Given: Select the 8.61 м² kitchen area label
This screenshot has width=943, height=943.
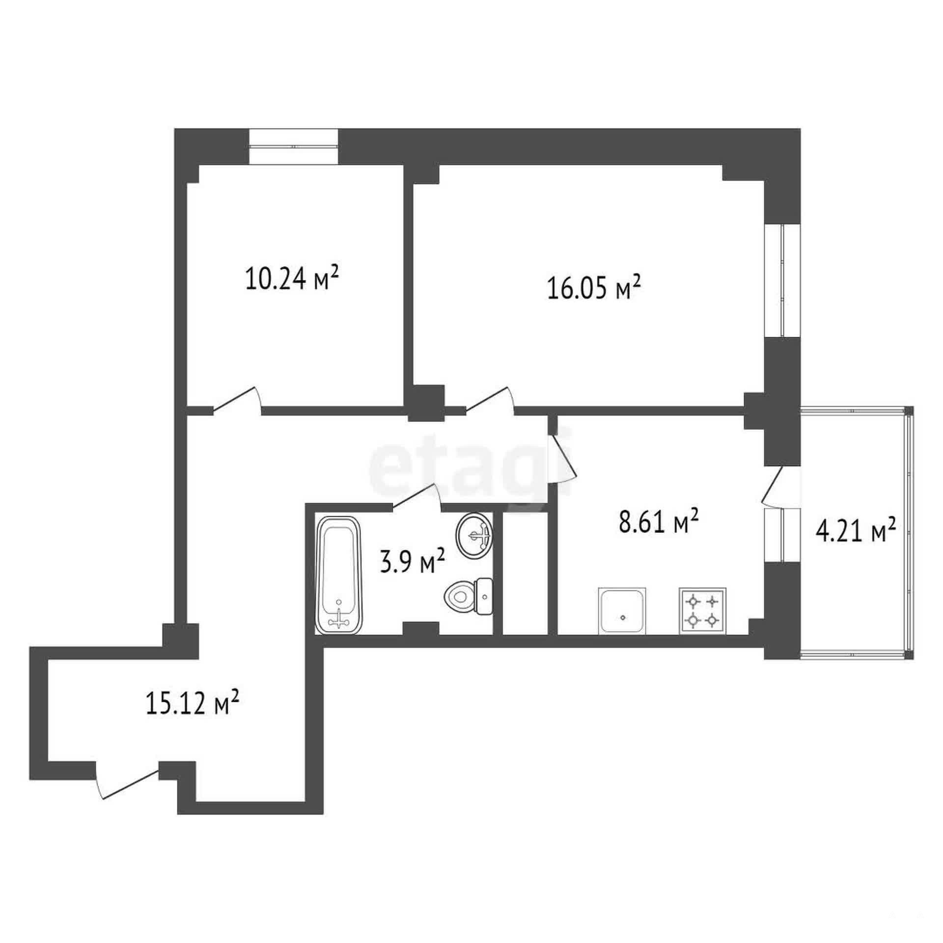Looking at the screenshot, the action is click(x=659, y=523).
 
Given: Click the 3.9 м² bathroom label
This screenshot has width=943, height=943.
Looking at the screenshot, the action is click(x=413, y=562).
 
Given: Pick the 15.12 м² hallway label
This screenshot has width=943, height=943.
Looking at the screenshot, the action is click(x=193, y=704).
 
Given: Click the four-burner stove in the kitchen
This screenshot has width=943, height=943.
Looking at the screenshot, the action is click(x=703, y=610).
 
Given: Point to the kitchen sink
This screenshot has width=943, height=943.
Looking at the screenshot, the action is click(x=622, y=610).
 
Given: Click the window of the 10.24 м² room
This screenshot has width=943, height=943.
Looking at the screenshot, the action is click(x=293, y=147).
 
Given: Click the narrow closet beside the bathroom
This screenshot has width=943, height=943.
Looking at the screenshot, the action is click(x=525, y=573).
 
